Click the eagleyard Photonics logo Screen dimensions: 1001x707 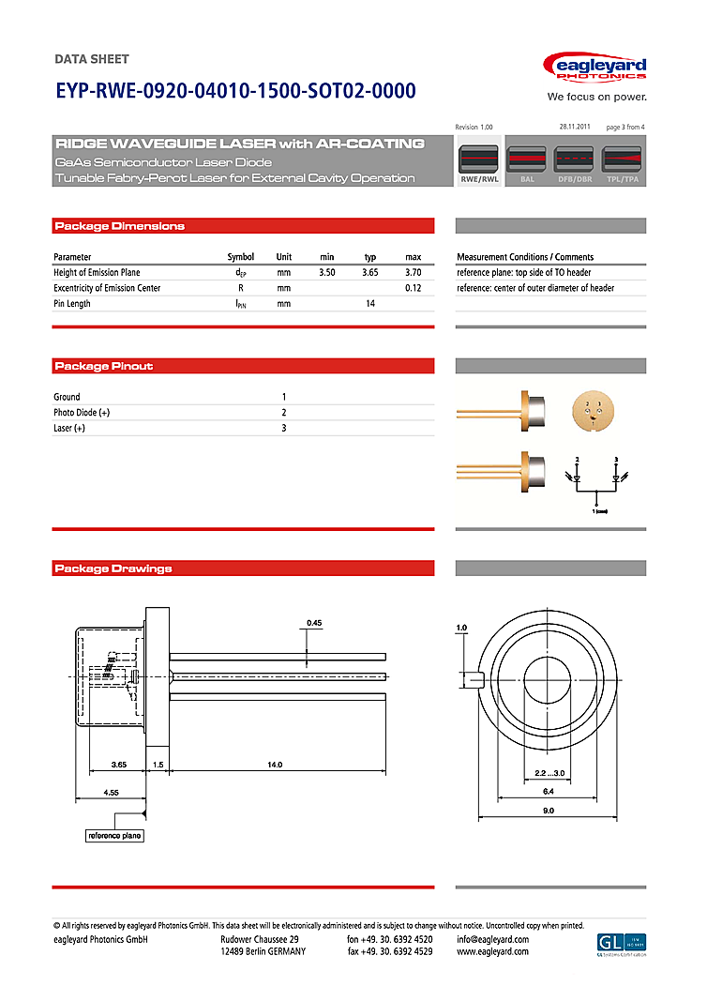coord(594,68)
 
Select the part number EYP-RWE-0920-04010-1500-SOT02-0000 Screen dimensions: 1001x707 coord(235,92)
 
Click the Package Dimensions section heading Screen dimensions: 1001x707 coord(120,226)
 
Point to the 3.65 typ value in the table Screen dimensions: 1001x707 coord(370,272)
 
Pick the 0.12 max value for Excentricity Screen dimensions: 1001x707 coord(413,288)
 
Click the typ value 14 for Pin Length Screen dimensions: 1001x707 coord(370,304)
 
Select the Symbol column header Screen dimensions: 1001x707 coord(241,257)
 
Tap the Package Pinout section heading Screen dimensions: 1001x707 coord(104,366)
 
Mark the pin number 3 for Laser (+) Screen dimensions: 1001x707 coord(284,429)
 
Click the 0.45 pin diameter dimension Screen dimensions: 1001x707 coord(314,623)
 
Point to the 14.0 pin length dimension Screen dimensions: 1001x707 coord(274,766)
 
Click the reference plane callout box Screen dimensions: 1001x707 coord(115,835)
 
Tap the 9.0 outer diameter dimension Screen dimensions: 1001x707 coord(549,810)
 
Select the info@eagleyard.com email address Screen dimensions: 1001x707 coord(492,939)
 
